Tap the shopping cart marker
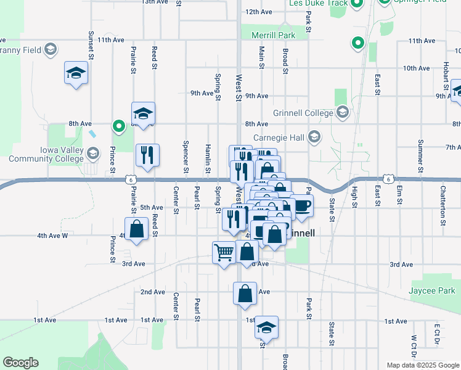[223, 252]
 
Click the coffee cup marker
[301, 205]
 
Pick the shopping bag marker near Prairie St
[136, 229]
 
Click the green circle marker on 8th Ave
[118, 126]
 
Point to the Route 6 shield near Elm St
[386, 179]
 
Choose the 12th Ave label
[258, 12]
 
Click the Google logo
[21, 363]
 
